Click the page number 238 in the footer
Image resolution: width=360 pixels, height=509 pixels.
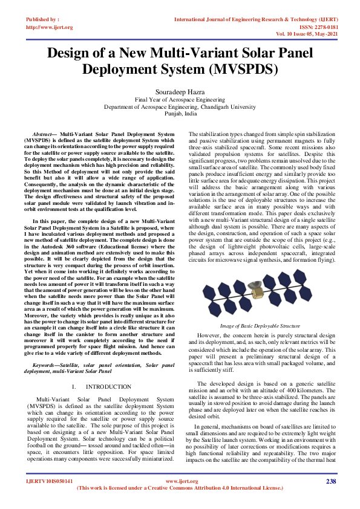click(x=330, y=481)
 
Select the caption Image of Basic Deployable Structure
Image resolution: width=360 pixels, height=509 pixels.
click(x=261, y=326)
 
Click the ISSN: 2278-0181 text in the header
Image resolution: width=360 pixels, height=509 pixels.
click(x=315, y=27)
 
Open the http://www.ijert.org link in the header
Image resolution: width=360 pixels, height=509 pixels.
click(x=50, y=27)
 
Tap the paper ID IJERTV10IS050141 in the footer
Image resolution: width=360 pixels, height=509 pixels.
click(x=50, y=481)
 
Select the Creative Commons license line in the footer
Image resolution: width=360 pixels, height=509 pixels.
click(x=180, y=487)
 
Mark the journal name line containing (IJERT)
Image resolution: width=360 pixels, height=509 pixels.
click(x=254, y=20)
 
